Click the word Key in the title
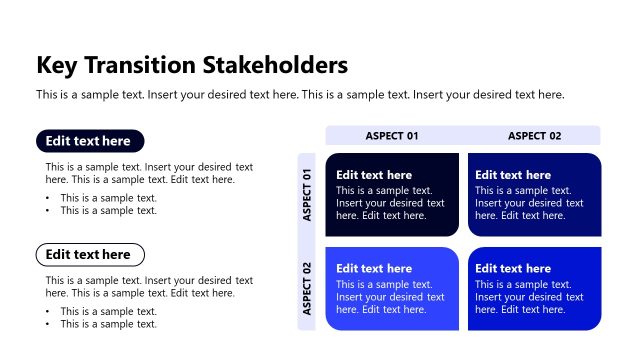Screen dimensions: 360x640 click(x=57, y=65)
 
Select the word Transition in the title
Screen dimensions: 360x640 click(x=139, y=65)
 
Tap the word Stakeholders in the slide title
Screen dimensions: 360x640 click(x=275, y=65)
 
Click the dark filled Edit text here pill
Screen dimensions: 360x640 click(x=90, y=141)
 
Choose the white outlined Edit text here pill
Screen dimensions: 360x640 click(x=90, y=254)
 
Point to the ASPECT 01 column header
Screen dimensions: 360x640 click(x=392, y=135)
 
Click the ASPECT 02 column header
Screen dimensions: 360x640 click(x=534, y=135)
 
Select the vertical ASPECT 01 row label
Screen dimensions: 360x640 click(x=307, y=195)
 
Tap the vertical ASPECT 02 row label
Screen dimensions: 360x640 click(x=307, y=288)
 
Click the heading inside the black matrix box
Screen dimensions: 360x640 click(x=374, y=175)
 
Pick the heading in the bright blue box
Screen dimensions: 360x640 click(x=374, y=268)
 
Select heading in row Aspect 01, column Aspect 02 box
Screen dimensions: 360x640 click(x=513, y=175)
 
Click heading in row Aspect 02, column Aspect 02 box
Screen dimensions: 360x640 click(x=513, y=268)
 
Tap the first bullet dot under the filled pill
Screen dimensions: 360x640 click(x=49, y=198)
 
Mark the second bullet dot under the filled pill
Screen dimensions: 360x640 click(x=49, y=211)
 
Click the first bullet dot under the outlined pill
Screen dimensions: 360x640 click(x=49, y=311)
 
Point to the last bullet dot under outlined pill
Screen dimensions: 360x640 click(x=49, y=324)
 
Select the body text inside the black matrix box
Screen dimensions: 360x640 click(x=390, y=203)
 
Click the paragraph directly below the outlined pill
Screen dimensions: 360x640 click(x=149, y=287)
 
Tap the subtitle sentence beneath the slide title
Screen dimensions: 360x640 click(x=300, y=95)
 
